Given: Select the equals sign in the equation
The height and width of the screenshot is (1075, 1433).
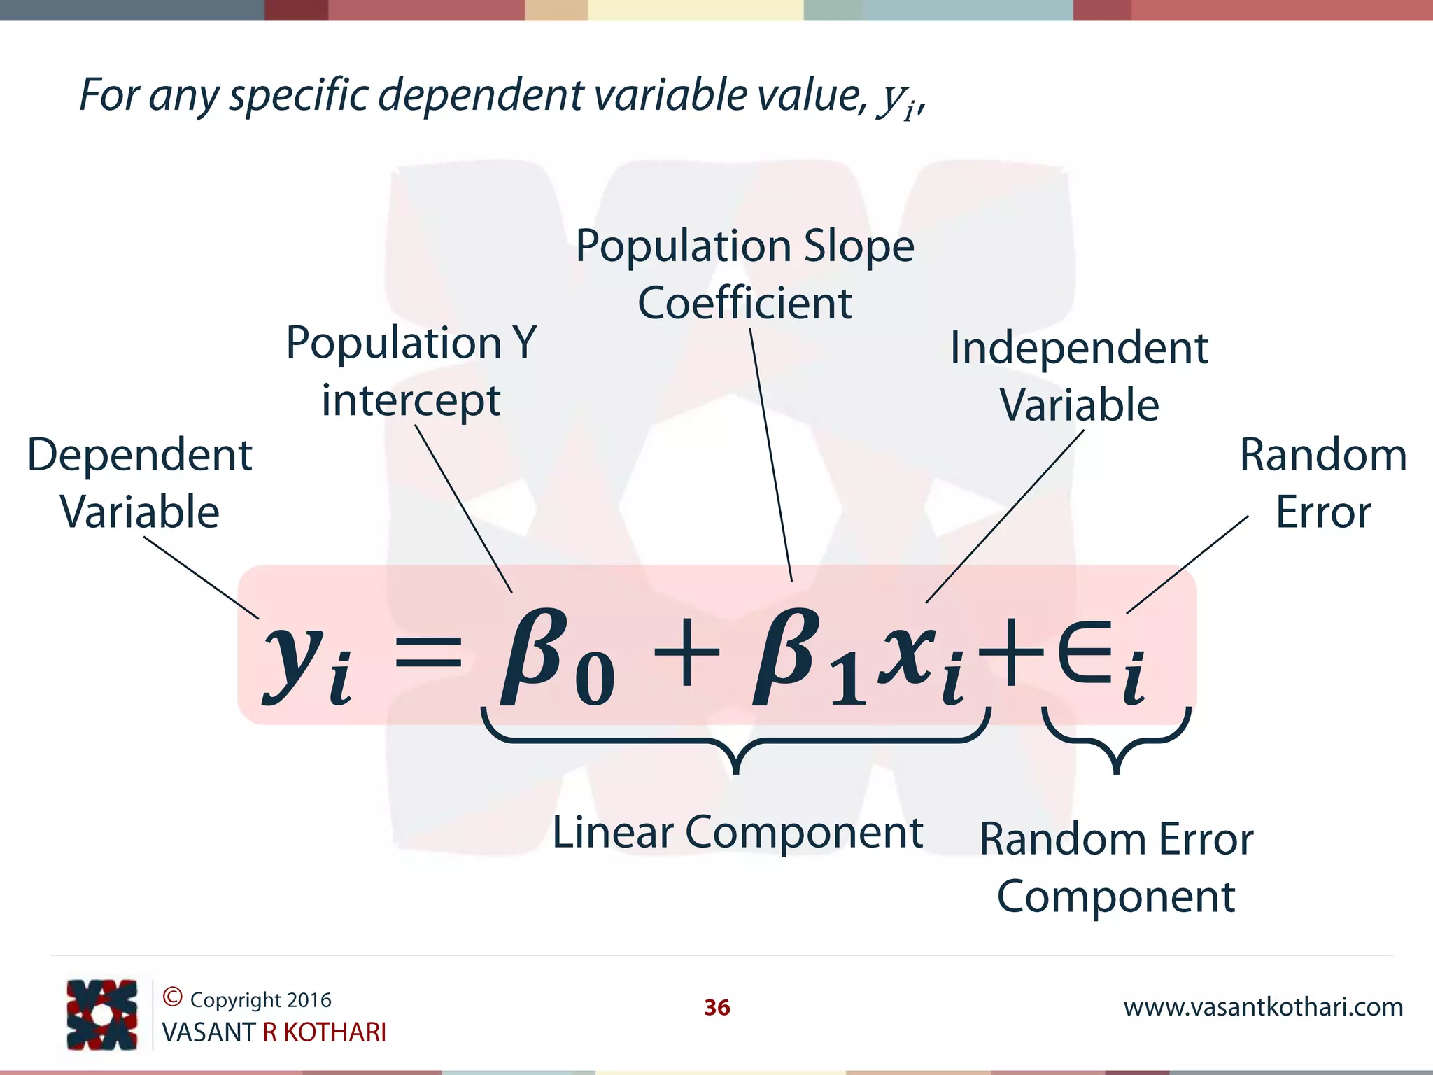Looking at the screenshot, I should [x=428, y=658].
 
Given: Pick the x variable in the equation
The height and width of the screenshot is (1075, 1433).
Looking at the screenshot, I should [x=908, y=654].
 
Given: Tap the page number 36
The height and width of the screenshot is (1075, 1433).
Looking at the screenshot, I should [x=716, y=1007].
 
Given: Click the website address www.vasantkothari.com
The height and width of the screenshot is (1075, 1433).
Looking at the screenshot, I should [x=1263, y=1006].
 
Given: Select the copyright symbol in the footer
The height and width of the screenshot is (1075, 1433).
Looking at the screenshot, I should [x=172, y=997].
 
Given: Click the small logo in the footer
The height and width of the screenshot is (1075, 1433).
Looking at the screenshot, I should [x=101, y=1014].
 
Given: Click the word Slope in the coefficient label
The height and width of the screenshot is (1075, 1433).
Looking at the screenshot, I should [x=859, y=246].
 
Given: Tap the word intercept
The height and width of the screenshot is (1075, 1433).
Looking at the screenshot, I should [x=411, y=400].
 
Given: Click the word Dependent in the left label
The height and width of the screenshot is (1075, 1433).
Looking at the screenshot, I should [x=139, y=455].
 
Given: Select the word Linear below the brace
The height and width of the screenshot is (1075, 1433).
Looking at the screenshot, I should [x=612, y=833].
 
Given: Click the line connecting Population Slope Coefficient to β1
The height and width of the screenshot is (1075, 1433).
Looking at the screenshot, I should [x=771, y=455].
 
